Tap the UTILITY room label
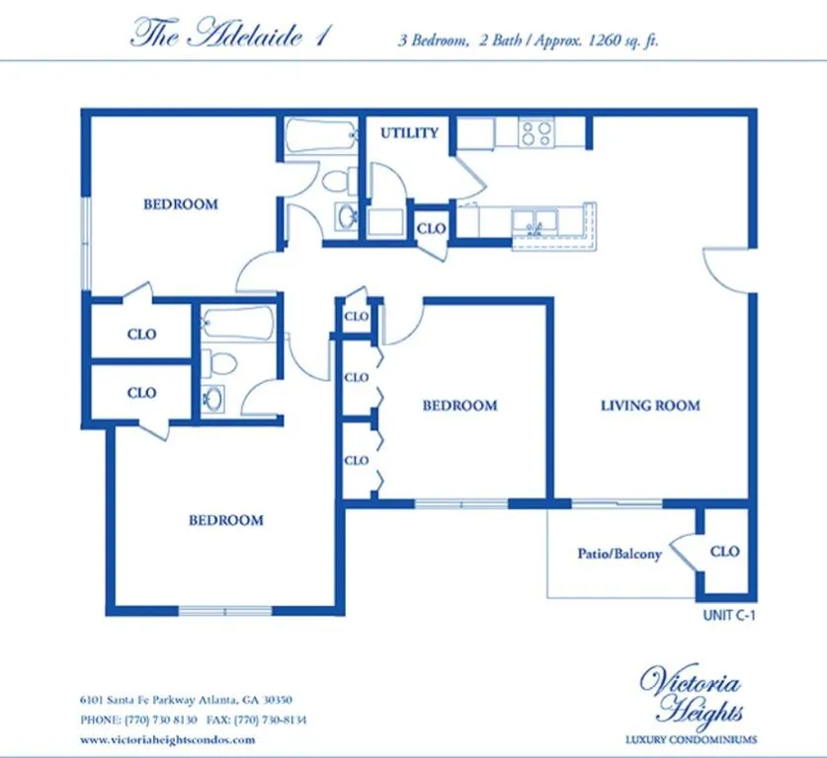click(409, 133)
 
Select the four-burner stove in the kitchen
click(537, 133)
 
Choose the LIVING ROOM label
click(650, 406)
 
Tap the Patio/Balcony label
click(620, 555)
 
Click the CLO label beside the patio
click(724, 552)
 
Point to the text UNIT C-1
click(728, 615)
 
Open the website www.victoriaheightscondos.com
click(167, 739)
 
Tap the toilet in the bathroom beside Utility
click(338, 181)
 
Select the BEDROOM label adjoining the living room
click(459, 406)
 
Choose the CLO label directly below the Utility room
click(431, 228)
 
